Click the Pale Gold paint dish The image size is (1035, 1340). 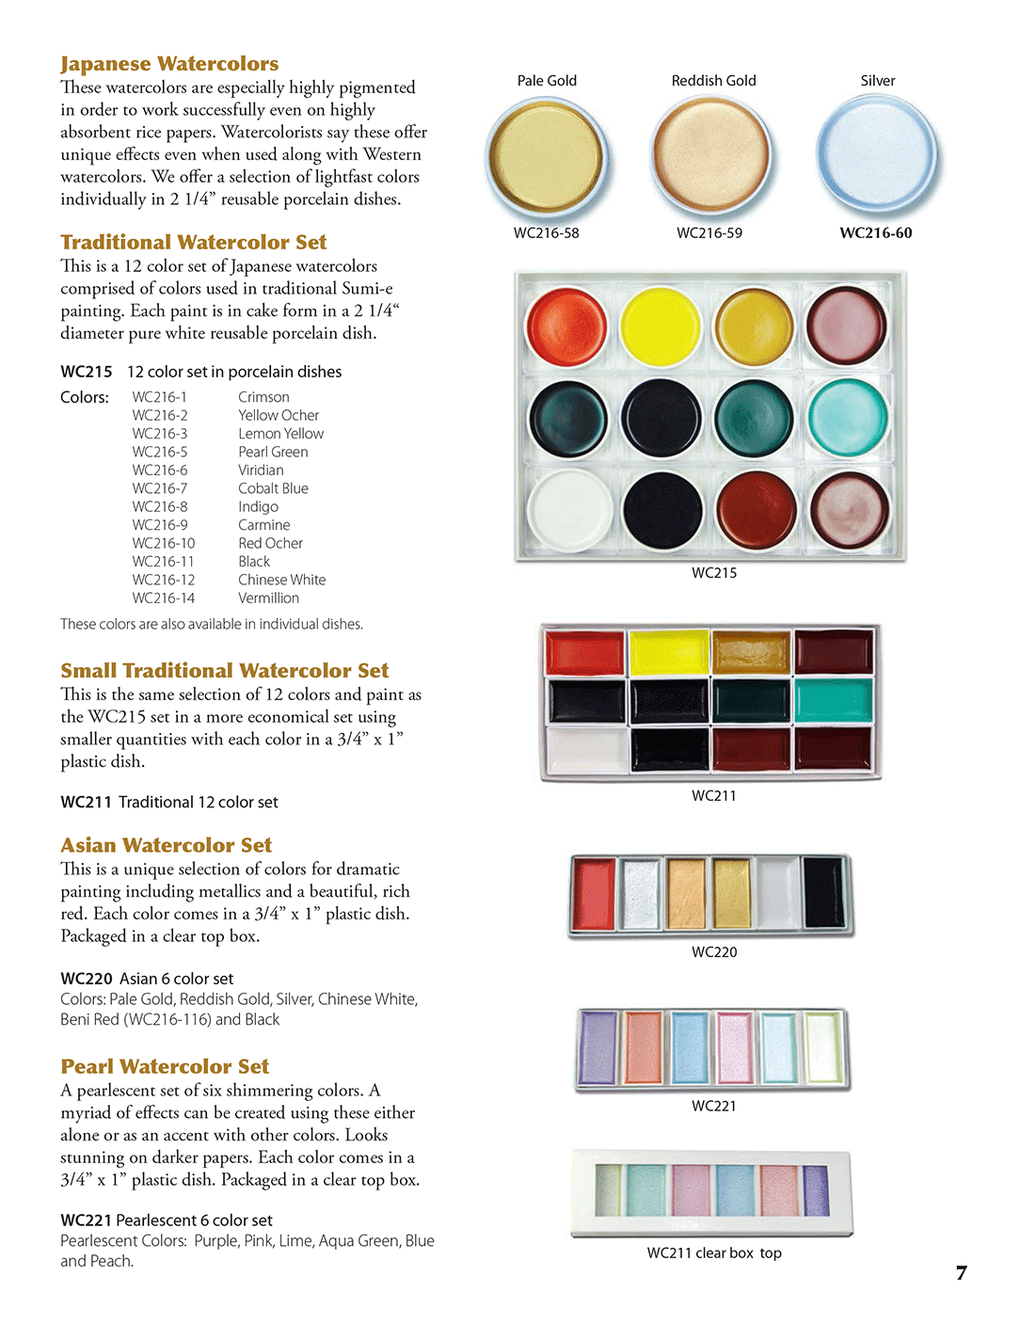click(x=547, y=156)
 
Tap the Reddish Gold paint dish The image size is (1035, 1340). click(x=712, y=155)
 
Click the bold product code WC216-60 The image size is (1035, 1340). click(x=876, y=233)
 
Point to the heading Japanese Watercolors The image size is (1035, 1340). click(x=169, y=64)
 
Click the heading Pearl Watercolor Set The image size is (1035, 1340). click(x=165, y=1066)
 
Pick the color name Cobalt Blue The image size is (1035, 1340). click(x=273, y=488)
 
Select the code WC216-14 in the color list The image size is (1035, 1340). click(x=164, y=598)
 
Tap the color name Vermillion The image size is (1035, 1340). click(x=268, y=598)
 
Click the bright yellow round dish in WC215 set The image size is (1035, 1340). click(x=661, y=327)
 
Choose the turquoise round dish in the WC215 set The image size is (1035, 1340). click(x=848, y=418)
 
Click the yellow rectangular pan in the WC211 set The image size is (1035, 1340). click(x=669, y=652)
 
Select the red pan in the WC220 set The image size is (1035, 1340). click(x=594, y=893)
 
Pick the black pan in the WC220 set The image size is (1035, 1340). click(x=824, y=893)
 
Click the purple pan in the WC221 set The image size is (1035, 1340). click(x=598, y=1046)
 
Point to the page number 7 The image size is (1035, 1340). click(x=961, y=1273)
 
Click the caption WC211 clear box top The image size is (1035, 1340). click(x=714, y=1252)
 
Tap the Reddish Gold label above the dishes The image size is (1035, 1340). click(x=713, y=81)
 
